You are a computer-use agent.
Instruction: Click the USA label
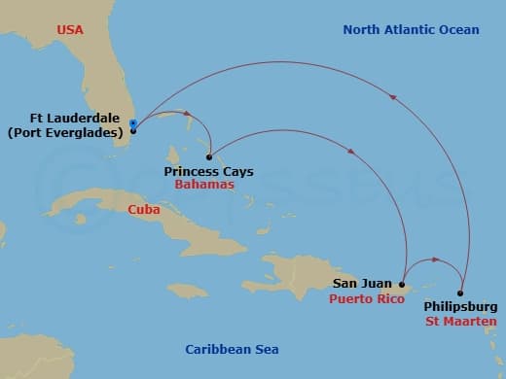click(70, 30)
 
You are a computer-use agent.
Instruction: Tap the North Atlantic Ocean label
click(411, 30)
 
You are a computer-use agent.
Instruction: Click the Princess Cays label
click(208, 171)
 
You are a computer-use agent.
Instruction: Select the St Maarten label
click(461, 321)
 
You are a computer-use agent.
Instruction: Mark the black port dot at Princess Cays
click(209, 156)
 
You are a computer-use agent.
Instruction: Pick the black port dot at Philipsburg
click(460, 293)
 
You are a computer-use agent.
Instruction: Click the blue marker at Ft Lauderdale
click(132, 123)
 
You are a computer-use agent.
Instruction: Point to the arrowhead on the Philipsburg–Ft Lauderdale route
click(393, 96)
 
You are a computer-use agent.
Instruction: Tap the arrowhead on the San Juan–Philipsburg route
click(435, 260)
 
